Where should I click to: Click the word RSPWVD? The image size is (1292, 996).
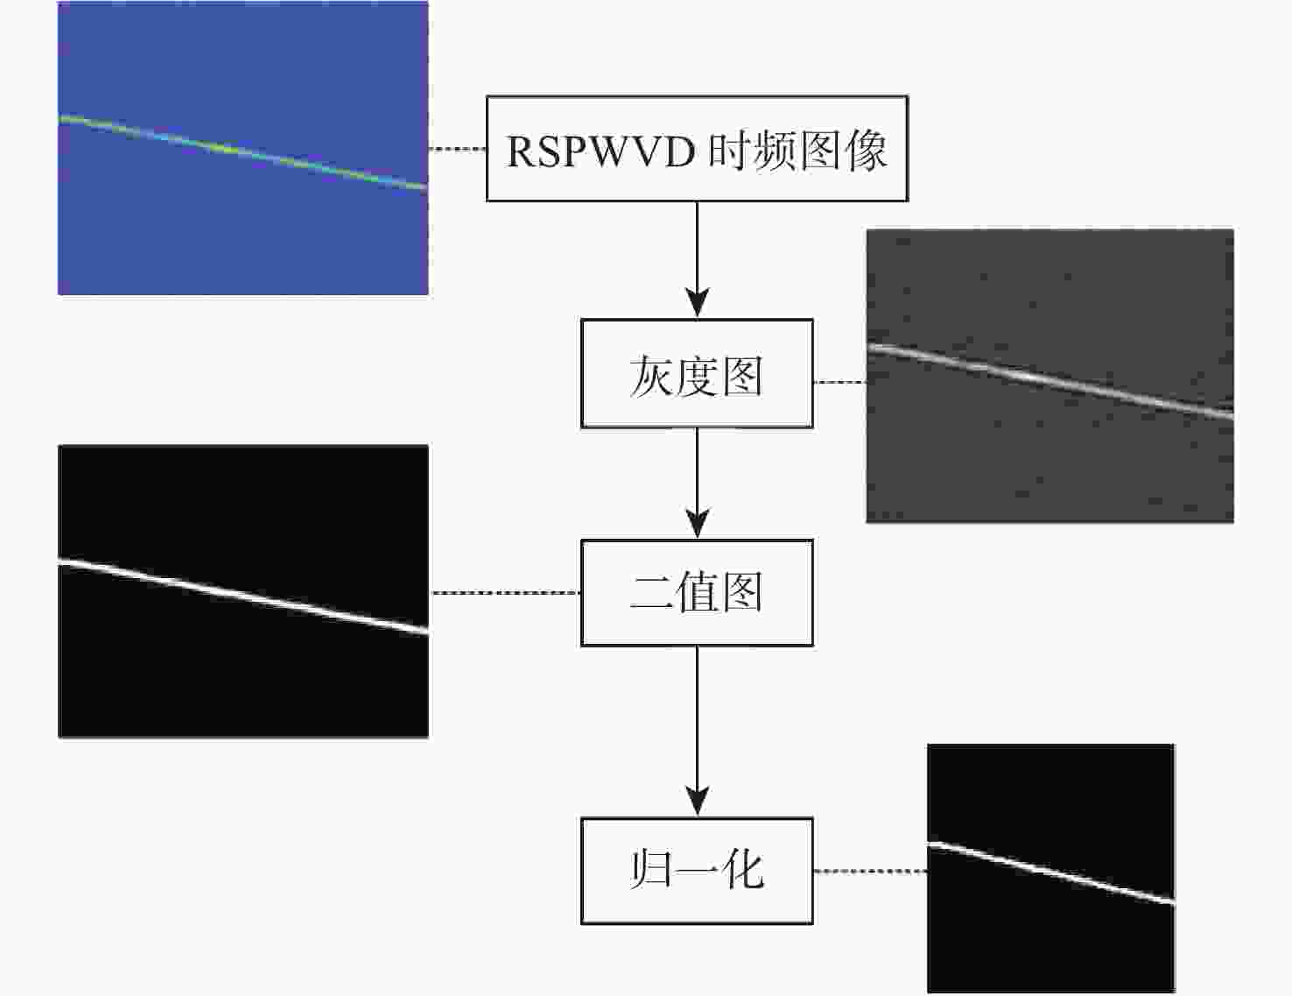pos(601,152)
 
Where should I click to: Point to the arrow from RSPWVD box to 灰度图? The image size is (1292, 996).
pos(697,259)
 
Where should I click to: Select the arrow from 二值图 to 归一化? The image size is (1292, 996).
pos(697,731)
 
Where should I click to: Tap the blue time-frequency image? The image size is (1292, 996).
pos(242,147)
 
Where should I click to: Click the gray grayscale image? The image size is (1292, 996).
pos(1050,376)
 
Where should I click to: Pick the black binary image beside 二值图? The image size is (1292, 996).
pos(243,591)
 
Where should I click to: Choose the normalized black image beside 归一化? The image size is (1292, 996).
pos(1051,868)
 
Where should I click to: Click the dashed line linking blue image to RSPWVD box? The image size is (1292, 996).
pos(457,149)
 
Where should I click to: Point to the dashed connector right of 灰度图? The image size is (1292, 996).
pos(840,382)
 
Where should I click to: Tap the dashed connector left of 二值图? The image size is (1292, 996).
pos(505,592)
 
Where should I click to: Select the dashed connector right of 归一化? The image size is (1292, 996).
pos(870,871)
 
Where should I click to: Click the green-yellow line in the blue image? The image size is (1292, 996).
pos(242,152)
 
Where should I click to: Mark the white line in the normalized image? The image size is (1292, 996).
pos(1051,873)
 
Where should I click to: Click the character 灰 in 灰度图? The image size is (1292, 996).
pos(651,376)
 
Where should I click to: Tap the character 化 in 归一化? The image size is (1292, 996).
pos(742,871)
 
